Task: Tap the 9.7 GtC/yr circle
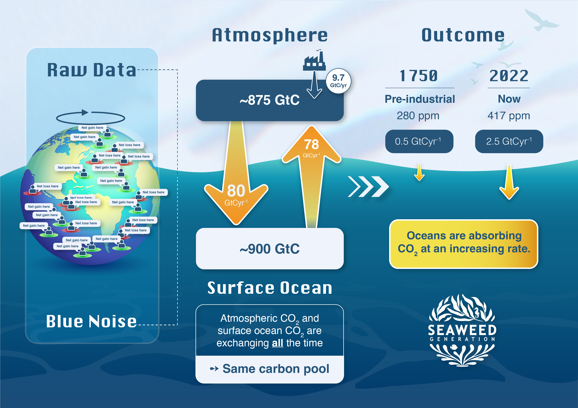point(338,81)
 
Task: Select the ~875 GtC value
point(270,100)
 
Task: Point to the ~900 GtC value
point(270,249)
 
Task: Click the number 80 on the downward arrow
point(236,190)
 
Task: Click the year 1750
point(419,76)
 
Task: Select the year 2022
point(509,76)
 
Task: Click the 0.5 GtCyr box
point(419,141)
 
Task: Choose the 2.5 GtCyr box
point(509,141)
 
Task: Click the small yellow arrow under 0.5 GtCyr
point(419,171)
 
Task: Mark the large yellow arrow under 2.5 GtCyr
point(509,182)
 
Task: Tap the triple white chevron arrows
point(368,187)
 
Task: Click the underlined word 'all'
point(277,343)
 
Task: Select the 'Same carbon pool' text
point(276,369)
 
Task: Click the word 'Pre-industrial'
point(420,99)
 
